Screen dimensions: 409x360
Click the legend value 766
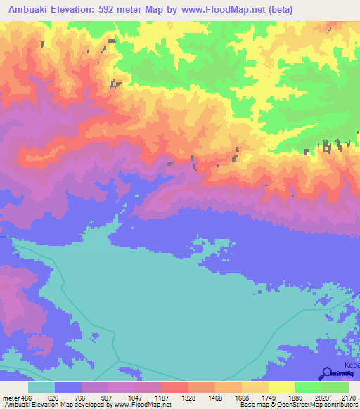tap(81, 397)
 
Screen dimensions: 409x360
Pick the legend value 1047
tap(134, 397)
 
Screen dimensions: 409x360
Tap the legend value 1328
tap(188, 397)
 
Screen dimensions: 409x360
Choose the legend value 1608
tap(241, 397)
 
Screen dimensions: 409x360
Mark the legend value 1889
tap(295, 397)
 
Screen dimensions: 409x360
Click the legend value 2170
tap(348, 397)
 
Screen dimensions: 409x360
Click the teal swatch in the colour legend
tap(41, 387)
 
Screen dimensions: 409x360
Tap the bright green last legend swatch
tap(335, 387)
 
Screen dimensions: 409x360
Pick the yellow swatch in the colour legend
tap(282, 387)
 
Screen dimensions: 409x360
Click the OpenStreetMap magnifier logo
tap(327, 373)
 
